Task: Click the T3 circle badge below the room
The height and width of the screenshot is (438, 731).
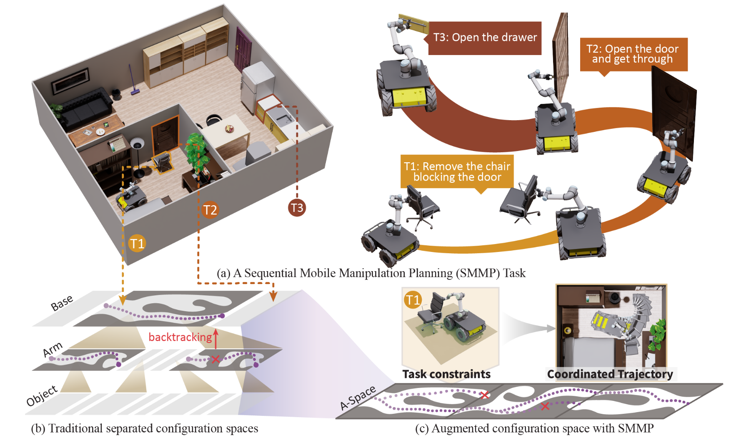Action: click(x=297, y=208)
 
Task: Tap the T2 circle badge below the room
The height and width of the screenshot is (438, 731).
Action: click(x=210, y=209)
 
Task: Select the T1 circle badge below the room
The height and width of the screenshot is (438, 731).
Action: click(x=137, y=243)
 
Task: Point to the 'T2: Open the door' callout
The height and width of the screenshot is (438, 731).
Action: click(x=633, y=55)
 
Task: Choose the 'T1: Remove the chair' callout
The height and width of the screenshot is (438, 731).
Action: click(x=457, y=172)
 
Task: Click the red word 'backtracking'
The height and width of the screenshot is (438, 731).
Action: click(x=180, y=337)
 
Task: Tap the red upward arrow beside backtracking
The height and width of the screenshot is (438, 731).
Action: click(x=216, y=338)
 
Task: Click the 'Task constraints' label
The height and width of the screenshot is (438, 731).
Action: click(x=446, y=374)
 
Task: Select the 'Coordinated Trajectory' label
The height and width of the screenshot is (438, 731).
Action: click(x=610, y=374)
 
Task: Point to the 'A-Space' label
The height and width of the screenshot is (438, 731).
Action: click(x=358, y=398)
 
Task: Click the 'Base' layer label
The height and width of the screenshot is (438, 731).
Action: click(x=62, y=303)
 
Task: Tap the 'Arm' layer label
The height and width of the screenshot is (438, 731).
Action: click(x=53, y=350)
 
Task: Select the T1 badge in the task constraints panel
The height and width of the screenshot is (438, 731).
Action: click(x=413, y=300)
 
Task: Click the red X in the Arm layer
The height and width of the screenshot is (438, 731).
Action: click(x=215, y=359)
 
